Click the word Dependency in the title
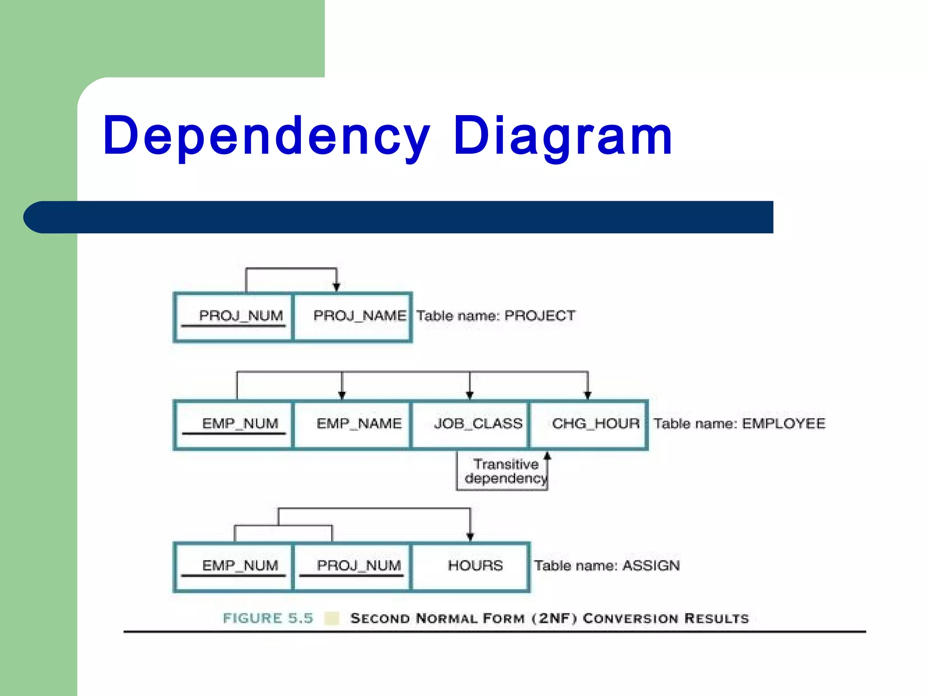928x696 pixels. (266, 136)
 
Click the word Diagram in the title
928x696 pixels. (563, 136)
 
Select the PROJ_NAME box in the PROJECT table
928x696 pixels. (353, 316)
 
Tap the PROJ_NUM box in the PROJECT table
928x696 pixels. (234, 316)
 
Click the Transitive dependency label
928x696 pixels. (505, 471)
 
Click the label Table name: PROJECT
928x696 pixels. (496, 316)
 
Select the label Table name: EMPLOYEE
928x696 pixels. (739, 424)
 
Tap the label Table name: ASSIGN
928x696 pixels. (607, 566)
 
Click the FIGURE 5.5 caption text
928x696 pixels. (268, 619)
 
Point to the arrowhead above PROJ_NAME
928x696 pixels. (336, 287)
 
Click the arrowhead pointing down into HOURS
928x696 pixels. (470, 536)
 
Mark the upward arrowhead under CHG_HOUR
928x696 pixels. (547, 456)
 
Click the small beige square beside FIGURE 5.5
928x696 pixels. (332, 619)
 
